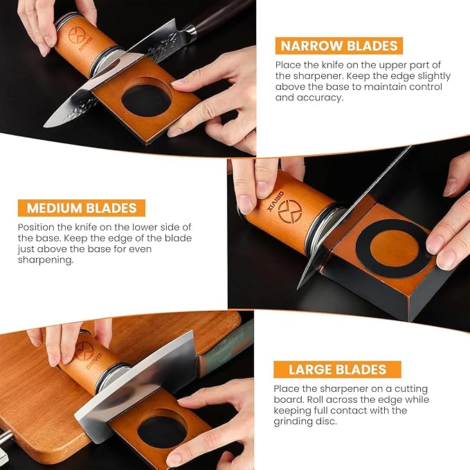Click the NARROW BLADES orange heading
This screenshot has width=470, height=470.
coord(339,46)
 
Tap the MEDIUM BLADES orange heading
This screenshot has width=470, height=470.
coord(82,208)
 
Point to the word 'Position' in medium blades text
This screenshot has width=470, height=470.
coord(37,227)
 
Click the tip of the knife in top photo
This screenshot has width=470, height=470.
coord(47,125)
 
